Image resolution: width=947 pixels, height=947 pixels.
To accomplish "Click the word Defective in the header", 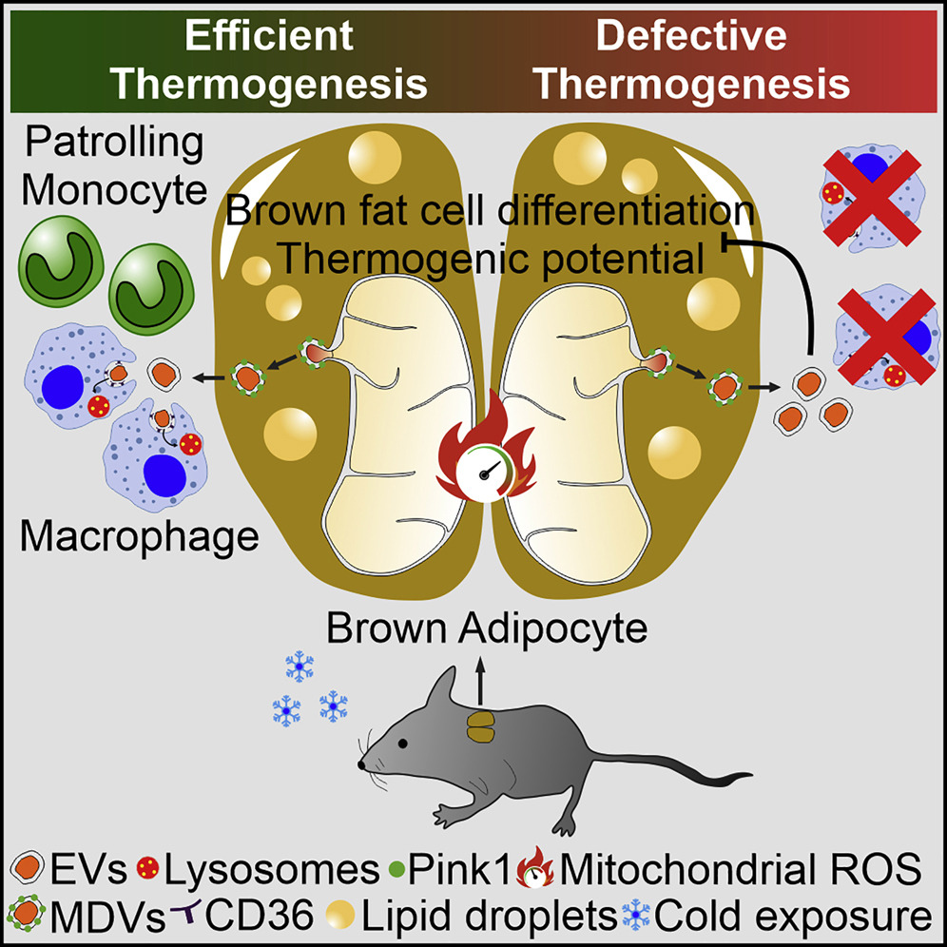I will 690,36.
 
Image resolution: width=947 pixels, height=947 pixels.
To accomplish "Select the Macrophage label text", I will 140,536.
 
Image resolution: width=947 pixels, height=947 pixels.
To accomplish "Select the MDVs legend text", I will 106,917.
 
